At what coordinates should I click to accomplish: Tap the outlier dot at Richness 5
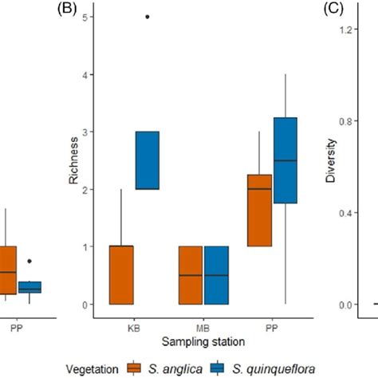[147, 16]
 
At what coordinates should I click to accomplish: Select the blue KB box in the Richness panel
[147, 160]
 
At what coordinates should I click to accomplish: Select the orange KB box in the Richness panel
[121, 275]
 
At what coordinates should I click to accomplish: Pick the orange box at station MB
[190, 275]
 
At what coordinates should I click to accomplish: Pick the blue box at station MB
[216, 275]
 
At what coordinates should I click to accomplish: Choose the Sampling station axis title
[203, 341]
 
